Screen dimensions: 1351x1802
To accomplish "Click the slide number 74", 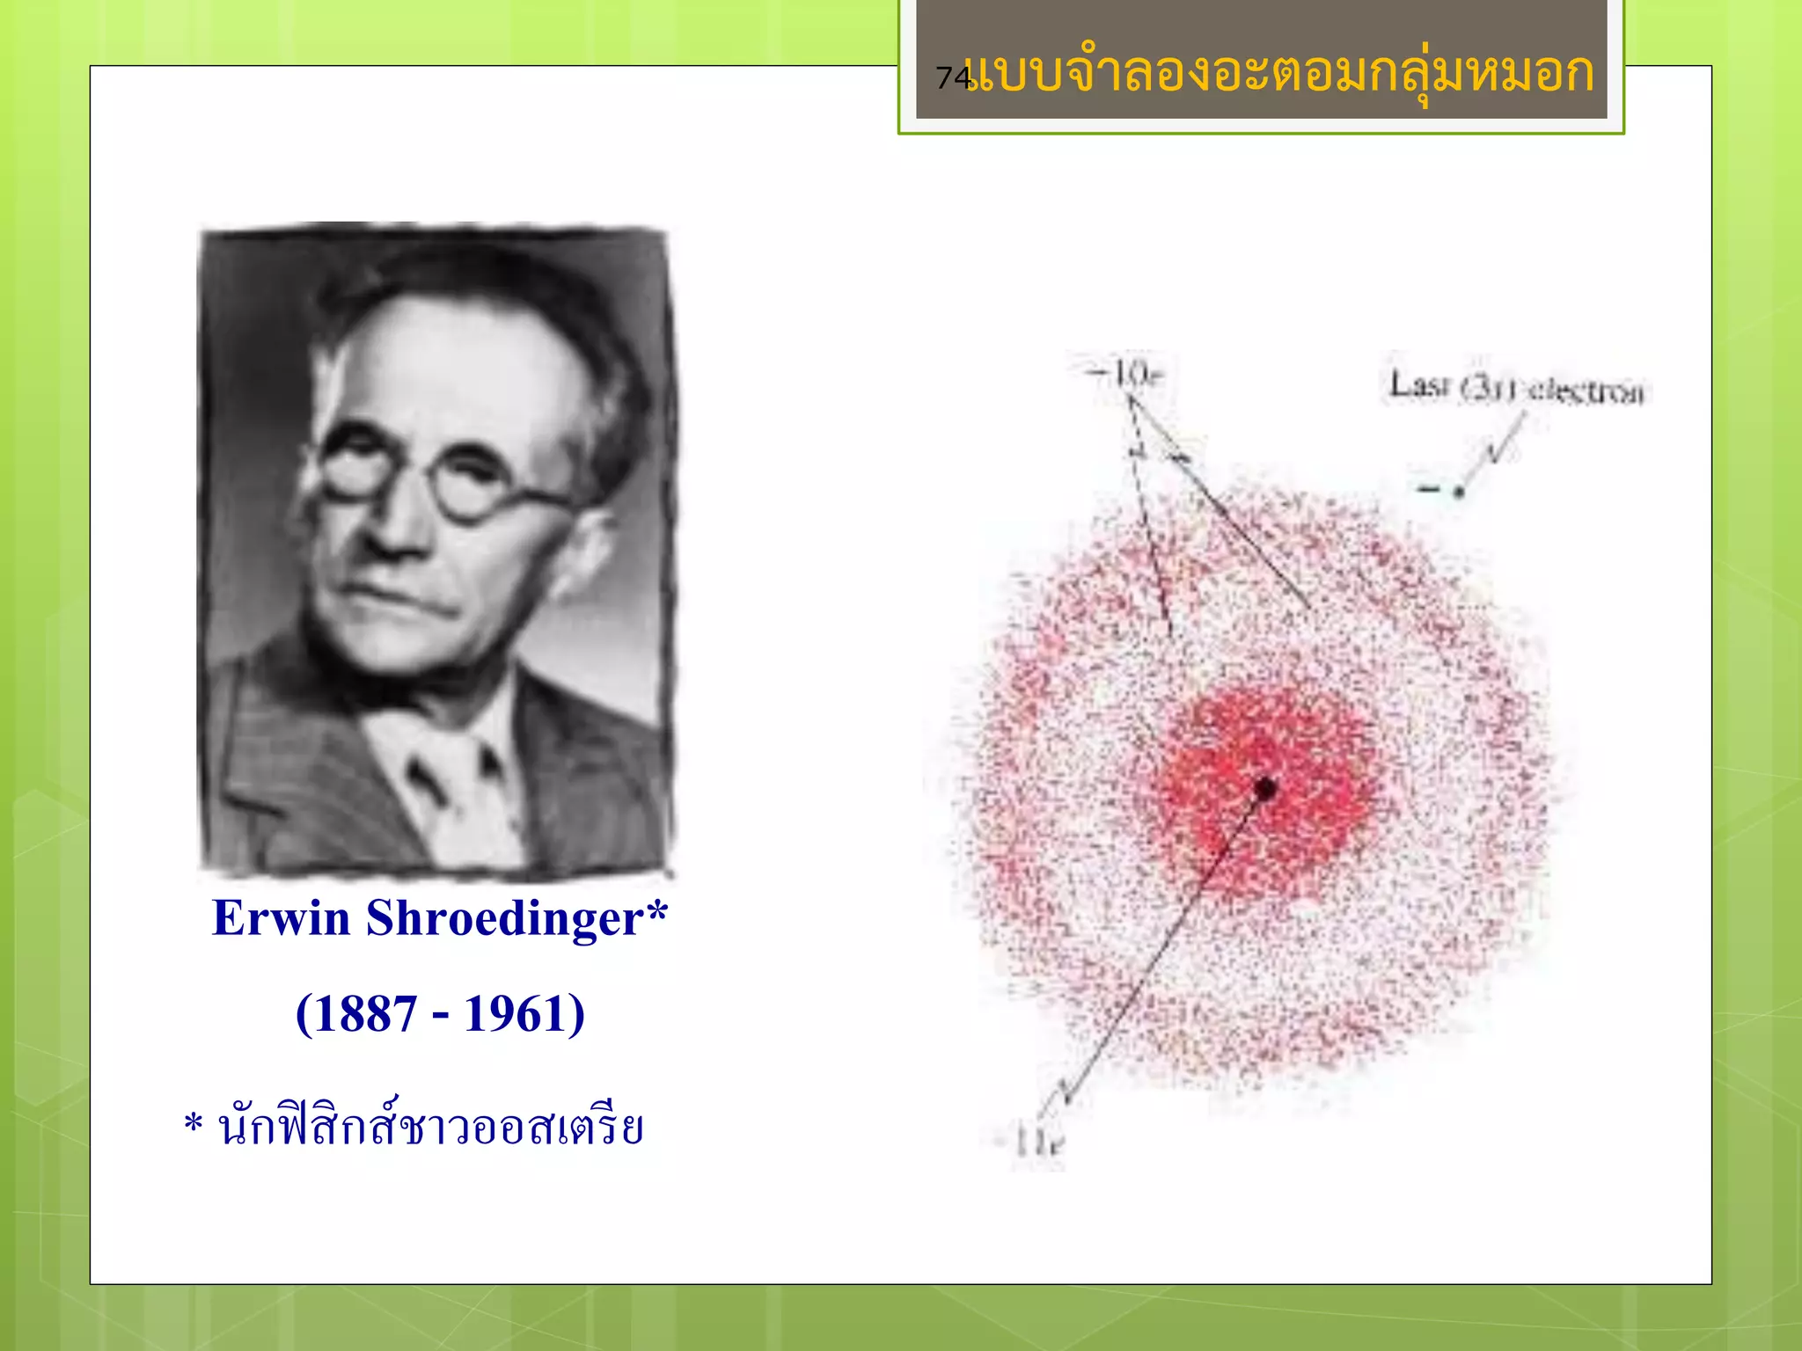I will coord(952,77).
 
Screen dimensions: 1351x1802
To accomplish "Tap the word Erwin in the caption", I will coord(282,919).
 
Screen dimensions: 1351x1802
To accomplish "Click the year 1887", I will coord(366,1014).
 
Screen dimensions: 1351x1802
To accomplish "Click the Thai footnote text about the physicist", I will coord(431,1127).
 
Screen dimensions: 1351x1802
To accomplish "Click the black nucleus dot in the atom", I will coord(1265,788).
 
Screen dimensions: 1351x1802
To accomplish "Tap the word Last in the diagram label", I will coord(1417,385).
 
